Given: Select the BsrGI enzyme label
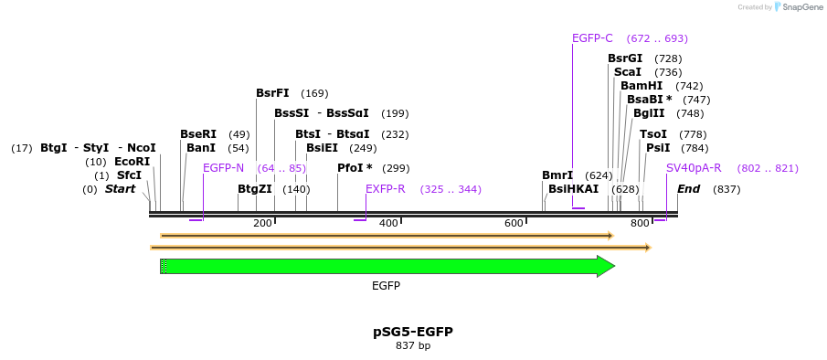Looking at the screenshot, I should click(625, 58).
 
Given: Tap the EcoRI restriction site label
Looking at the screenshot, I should click(132, 162).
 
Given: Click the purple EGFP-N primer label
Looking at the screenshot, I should click(223, 168).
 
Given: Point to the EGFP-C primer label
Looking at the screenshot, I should click(592, 38).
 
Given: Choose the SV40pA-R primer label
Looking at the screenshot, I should click(694, 168).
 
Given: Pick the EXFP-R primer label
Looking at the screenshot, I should click(385, 189).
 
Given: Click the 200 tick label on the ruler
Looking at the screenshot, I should click(262, 223).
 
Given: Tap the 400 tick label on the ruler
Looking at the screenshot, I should click(388, 223).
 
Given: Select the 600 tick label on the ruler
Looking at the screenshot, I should click(514, 223).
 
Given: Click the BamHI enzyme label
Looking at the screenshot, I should click(641, 86).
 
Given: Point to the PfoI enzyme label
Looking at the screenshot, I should click(355, 168).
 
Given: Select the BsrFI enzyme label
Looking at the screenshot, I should click(272, 93).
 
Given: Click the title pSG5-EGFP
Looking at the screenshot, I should click(413, 332).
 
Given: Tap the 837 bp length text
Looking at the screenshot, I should click(413, 346).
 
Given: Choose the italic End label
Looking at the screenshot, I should click(688, 189).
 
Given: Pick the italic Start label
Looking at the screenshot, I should click(120, 189).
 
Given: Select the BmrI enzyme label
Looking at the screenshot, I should click(557, 175).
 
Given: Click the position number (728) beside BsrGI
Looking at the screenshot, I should click(668, 58).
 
